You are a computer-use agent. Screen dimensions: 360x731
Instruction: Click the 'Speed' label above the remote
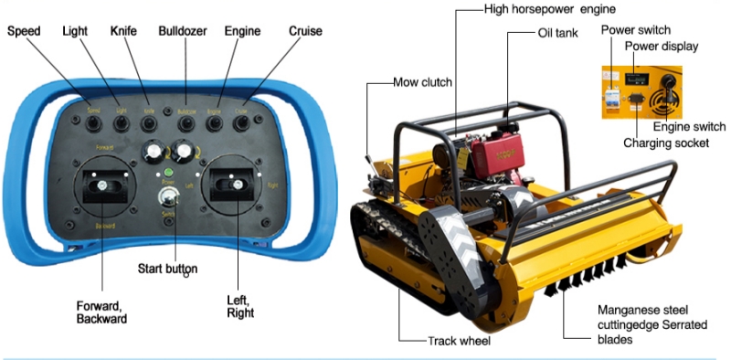click(x=25, y=31)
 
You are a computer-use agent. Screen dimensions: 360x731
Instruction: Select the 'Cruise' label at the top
click(x=305, y=31)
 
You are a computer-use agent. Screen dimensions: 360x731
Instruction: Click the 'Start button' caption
click(x=167, y=269)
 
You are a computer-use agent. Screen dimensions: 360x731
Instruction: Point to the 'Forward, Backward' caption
click(x=101, y=311)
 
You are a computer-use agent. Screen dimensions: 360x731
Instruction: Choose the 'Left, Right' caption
click(x=239, y=305)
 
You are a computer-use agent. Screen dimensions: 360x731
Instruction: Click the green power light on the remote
click(x=167, y=171)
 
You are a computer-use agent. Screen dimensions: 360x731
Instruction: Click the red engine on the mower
click(x=490, y=150)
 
